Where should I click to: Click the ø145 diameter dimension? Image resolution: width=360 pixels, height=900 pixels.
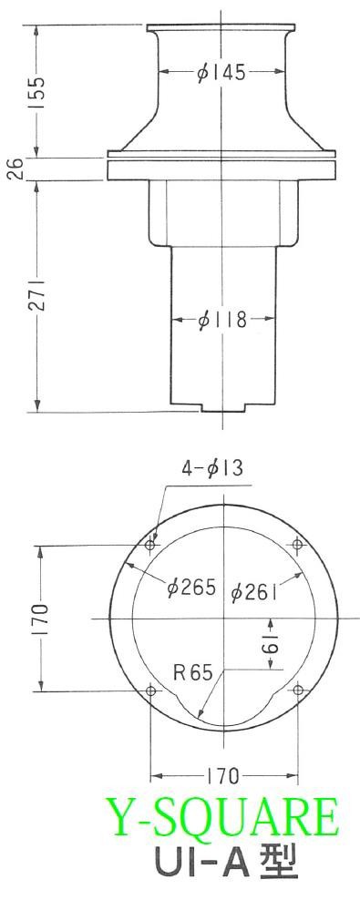pos(221,74)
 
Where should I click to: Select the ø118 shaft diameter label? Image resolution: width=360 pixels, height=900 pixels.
pos(221,320)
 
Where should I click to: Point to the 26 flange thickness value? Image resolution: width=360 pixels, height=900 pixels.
pos(17,169)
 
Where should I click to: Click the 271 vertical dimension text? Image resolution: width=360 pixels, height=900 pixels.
pos(37,296)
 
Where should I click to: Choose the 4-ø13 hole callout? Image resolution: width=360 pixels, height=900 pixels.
pos(212,468)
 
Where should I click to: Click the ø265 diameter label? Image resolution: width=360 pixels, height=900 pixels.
pos(190,587)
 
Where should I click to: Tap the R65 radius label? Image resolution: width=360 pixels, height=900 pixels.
pos(193,672)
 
